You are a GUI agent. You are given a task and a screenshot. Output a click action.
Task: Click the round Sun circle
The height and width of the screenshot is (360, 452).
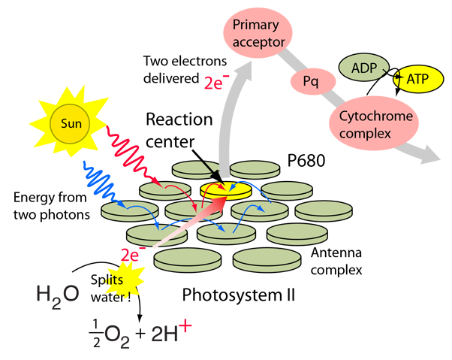69,122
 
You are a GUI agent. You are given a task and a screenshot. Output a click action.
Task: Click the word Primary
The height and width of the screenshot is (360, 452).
256,26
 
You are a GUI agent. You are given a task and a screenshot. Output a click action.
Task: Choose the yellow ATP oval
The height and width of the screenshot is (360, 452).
417,77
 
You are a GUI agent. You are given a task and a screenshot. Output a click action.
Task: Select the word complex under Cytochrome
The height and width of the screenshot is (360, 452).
366,135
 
